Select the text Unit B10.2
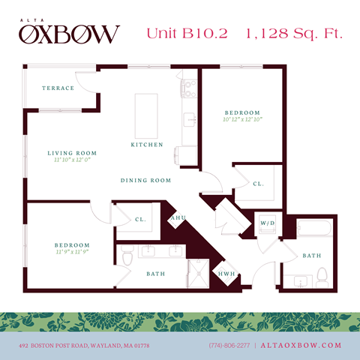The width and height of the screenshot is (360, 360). pos(186,33)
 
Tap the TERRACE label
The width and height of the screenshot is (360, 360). pos(58,88)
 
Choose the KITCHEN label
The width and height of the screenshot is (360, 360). pos(146,144)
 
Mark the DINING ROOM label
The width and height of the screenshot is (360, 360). pos(146,181)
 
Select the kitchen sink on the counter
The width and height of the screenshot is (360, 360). pos(187,120)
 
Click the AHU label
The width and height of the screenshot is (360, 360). pos(178,219)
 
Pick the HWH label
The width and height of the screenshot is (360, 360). pos(226,275)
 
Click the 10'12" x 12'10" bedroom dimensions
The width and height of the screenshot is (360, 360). pos(243,118)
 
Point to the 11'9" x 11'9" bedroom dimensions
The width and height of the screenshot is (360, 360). pos(71,253)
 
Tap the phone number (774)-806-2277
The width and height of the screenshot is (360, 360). pos(229,345)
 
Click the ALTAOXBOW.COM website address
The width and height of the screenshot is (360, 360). pos(301,345)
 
